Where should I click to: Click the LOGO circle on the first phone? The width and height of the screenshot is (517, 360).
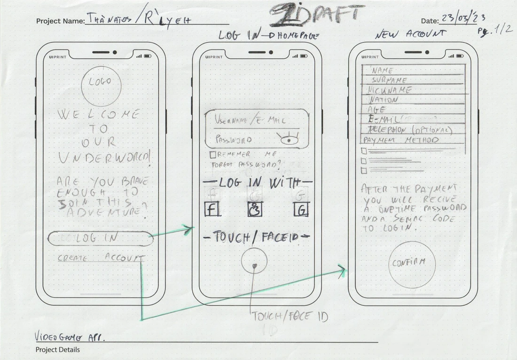[101, 85]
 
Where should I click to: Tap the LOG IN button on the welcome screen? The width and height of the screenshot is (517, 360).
[101, 239]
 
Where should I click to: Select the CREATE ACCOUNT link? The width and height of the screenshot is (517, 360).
[101, 258]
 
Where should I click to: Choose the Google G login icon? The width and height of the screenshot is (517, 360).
[301, 209]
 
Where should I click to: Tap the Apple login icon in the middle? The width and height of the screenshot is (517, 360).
[255, 209]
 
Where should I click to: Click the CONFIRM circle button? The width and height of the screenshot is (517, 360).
[412, 264]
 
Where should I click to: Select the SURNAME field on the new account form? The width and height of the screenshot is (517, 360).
[414, 80]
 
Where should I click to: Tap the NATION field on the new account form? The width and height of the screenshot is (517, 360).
[414, 100]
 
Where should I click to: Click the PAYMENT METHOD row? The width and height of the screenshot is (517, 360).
[414, 140]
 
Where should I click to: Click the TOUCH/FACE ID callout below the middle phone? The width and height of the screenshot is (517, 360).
[290, 316]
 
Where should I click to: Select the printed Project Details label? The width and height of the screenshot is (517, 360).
[58, 350]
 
